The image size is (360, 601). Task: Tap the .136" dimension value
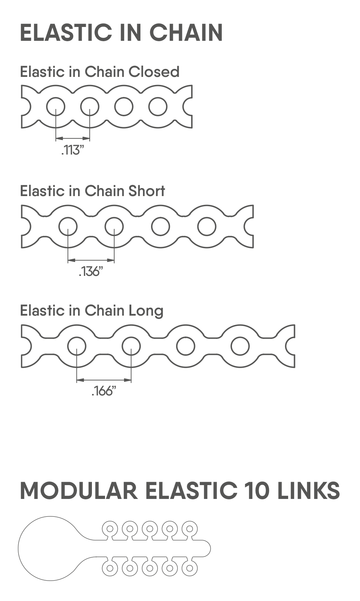point(91,272)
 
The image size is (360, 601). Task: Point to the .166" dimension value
point(104,391)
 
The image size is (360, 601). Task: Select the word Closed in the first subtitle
point(154,72)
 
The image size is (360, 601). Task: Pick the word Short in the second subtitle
point(147,191)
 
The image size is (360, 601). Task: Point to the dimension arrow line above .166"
point(104,380)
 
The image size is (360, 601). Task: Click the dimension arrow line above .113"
point(73,138)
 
